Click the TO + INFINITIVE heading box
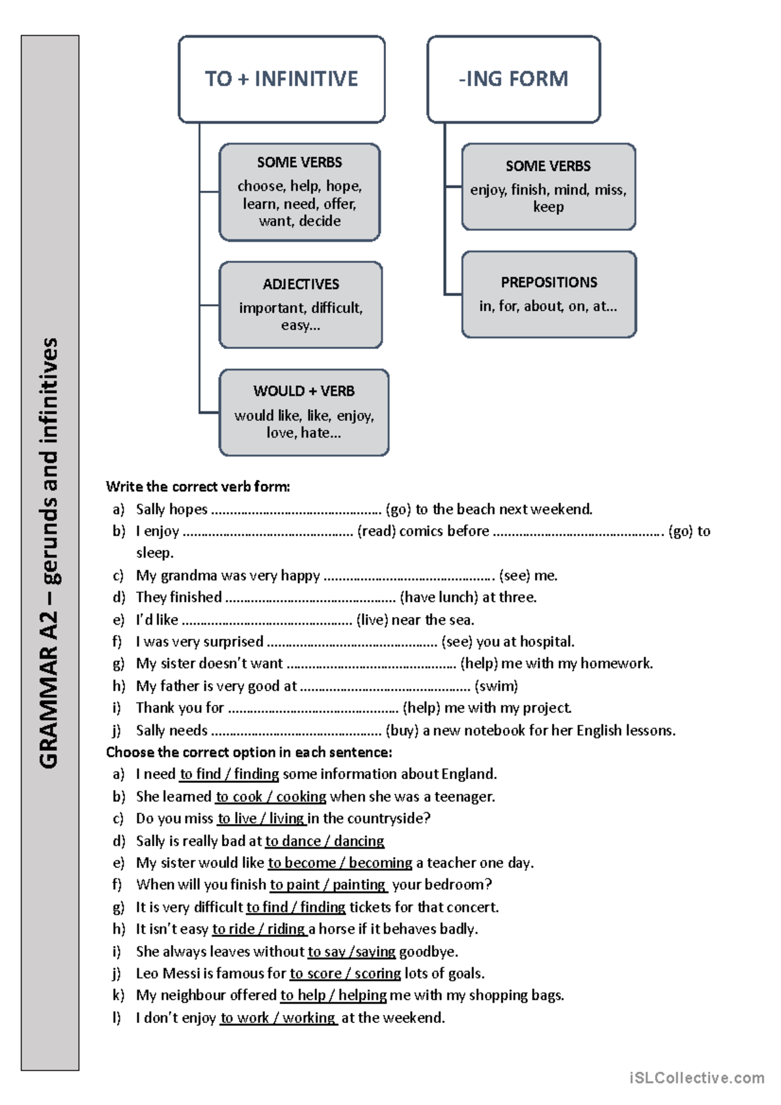pyautogui.click(x=281, y=79)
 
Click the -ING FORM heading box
pyautogui.click(x=514, y=79)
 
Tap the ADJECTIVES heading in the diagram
pyautogui.click(x=301, y=284)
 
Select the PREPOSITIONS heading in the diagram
pyautogui.click(x=549, y=282)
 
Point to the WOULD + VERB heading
pyautogui.click(x=304, y=391)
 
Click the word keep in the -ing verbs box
pyautogui.click(x=548, y=207)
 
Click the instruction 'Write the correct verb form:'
pyautogui.click(x=198, y=486)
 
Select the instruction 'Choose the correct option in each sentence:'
pyautogui.click(x=249, y=752)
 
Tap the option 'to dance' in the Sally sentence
pyautogui.click(x=292, y=841)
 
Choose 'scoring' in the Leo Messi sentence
pyautogui.click(x=377, y=974)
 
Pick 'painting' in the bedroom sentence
pyautogui.click(x=359, y=885)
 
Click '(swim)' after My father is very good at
pyautogui.click(x=496, y=686)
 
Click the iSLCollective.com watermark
pyautogui.click(x=696, y=1078)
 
